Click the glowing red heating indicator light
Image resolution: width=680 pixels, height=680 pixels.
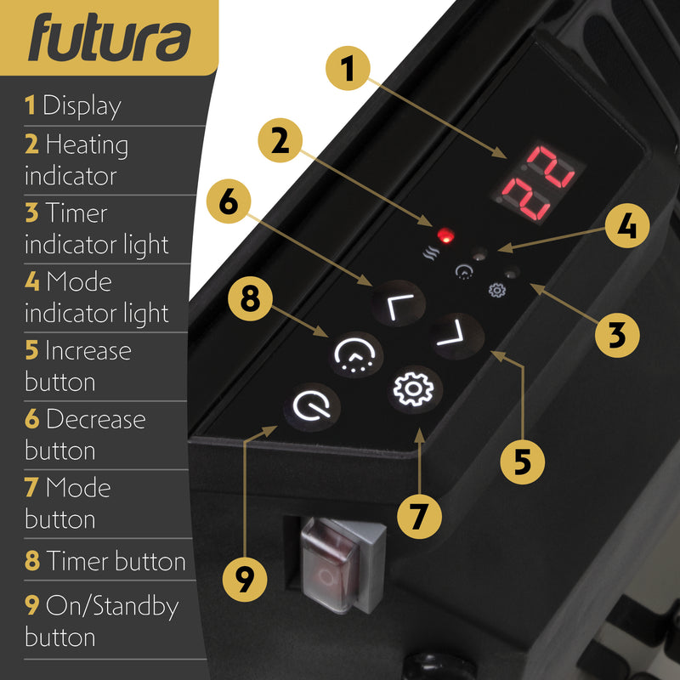442,234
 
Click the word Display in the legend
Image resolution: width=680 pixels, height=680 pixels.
82,106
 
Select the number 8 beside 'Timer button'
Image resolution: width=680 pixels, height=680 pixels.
32,562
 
